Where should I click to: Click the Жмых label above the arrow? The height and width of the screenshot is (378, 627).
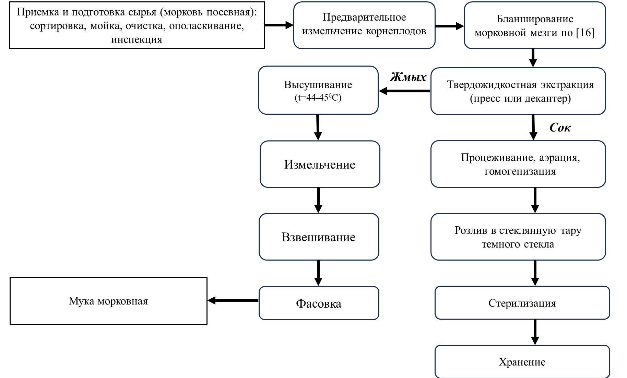click(x=408, y=77)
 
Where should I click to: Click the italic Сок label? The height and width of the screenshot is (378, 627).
click(x=560, y=128)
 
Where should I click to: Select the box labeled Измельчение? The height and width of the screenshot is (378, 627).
click(x=320, y=164)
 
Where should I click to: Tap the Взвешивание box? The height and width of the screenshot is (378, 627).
click(x=319, y=237)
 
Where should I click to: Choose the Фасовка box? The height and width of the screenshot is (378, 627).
click(x=319, y=303)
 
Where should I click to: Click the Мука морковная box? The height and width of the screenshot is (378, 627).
click(x=108, y=301)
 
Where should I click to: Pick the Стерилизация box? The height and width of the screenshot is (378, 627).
click(x=522, y=303)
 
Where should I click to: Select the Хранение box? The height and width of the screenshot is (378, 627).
click(x=522, y=362)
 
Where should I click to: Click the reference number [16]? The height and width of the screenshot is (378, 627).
click(x=585, y=33)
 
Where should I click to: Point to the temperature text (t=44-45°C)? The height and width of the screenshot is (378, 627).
click(x=318, y=98)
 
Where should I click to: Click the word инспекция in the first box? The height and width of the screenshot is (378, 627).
click(x=137, y=39)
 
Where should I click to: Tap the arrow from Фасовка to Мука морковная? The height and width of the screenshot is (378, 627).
click(x=233, y=300)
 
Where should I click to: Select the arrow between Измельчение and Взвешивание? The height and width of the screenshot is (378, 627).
click(x=318, y=200)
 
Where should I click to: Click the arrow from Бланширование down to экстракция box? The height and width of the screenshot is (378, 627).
click(x=533, y=58)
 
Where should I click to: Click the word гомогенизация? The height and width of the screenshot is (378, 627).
click(x=520, y=171)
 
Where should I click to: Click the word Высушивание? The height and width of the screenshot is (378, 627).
click(x=318, y=85)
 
